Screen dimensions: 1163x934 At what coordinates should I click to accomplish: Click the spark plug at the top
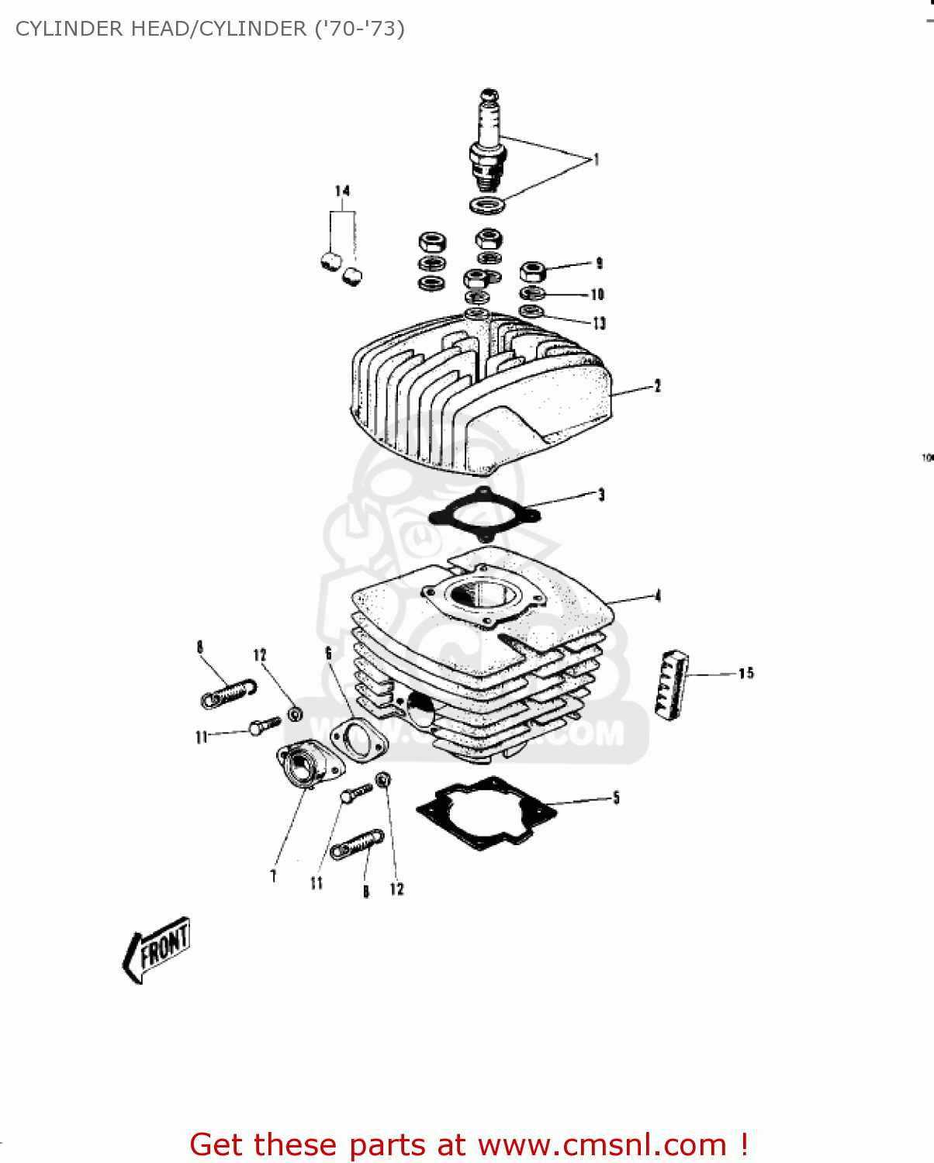click(x=487, y=143)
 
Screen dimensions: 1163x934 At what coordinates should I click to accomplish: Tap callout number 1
click(x=596, y=160)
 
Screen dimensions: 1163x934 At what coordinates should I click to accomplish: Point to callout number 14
click(x=342, y=191)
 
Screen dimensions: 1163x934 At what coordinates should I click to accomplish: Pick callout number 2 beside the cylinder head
click(x=657, y=385)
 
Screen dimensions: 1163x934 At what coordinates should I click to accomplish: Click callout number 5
click(x=616, y=798)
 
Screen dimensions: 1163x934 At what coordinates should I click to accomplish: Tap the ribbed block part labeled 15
click(x=672, y=684)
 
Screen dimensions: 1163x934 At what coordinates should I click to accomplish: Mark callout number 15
click(x=745, y=673)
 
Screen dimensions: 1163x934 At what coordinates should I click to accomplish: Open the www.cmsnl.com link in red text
click(x=602, y=1144)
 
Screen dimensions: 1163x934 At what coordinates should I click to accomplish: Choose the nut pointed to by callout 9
click(x=532, y=271)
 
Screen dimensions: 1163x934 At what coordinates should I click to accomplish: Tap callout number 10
click(x=597, y=295)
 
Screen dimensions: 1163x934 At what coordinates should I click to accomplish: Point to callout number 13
click(x=599, y=323)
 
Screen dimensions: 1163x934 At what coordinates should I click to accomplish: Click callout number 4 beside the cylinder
click(x=658, y=595)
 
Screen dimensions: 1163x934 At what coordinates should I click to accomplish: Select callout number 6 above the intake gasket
click(x=328, y=653)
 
